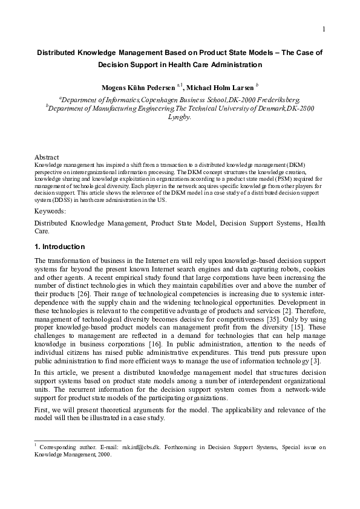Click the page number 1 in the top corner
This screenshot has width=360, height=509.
(324, 29)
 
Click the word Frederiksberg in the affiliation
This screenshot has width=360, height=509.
(278, 99)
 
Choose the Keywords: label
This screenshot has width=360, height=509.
(50, 211)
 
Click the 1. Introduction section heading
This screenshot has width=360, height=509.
(59, 247)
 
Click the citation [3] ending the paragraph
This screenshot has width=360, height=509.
(317, 361)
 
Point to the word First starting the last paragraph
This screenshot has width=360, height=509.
(42, 409)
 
